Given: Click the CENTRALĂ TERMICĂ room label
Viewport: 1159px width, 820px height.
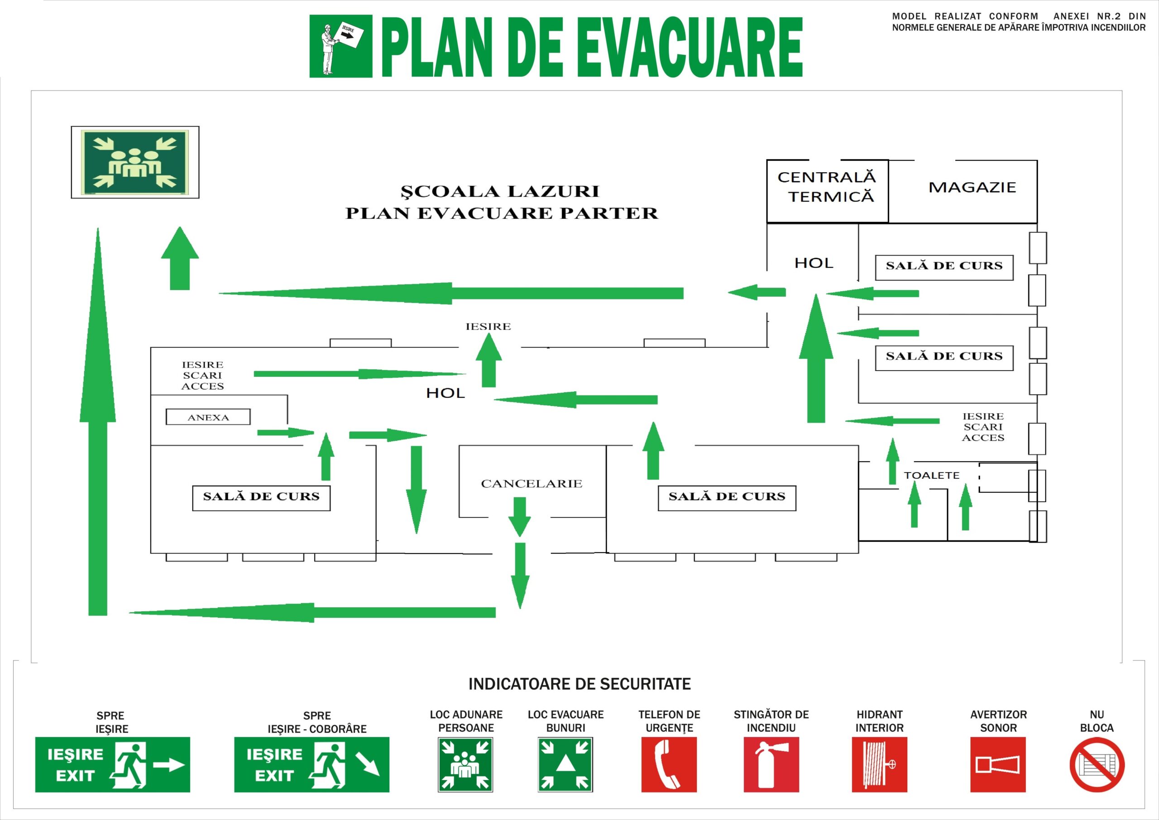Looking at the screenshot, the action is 826,187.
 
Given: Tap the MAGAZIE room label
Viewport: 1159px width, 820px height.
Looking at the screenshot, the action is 972,188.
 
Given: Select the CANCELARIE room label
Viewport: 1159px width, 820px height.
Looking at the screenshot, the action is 532,483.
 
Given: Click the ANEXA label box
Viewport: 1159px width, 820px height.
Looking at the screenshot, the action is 208,417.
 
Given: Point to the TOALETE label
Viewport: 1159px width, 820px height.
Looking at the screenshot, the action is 931,475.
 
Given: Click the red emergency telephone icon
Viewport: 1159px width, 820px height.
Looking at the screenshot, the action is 669,764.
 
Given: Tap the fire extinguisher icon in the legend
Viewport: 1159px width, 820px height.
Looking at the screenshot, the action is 771,764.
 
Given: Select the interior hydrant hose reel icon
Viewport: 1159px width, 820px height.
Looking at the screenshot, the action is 879,764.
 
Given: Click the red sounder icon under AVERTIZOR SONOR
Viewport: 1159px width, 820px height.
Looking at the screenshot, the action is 998,764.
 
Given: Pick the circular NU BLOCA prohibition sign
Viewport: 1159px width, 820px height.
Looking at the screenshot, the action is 1097,764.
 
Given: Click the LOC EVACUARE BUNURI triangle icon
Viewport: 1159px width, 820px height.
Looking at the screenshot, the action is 565,764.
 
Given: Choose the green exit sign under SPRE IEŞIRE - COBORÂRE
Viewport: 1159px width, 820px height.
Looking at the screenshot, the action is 311,764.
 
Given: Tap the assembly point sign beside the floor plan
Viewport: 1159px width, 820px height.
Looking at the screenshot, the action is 135,162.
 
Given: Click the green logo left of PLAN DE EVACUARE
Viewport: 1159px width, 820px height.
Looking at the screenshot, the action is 341,46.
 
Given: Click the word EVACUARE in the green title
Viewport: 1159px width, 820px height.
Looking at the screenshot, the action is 690,47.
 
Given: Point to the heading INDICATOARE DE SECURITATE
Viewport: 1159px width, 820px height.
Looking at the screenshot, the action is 579,684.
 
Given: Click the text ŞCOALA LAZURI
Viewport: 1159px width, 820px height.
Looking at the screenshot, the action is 500,191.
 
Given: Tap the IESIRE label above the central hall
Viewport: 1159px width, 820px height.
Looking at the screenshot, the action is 488,326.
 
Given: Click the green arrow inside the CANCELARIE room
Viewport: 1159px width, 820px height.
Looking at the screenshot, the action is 519,517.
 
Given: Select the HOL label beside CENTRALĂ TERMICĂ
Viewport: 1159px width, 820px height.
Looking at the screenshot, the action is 814,263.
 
